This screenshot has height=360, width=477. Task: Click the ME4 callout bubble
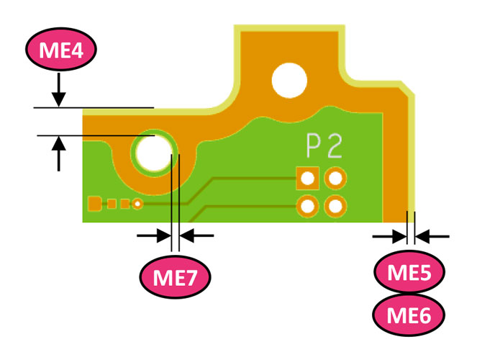pyautogui.click(x=60, y=51)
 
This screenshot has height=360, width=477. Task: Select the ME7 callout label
pyautogui.click(x=175, y=274)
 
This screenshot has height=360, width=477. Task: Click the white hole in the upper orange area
pyautogui.click(x=289, y=80)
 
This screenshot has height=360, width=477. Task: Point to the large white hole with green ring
pyautogui.click(x=151, y=153)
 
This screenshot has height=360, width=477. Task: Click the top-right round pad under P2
pyautogui.click(x=335, y=177)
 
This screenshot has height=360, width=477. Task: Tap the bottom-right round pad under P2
pyautogui.click(x=335, y=207)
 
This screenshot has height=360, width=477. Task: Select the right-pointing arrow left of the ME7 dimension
pyautogui.click(x=153, y=235)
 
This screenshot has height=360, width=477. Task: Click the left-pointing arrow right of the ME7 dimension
pyautogui.click(x=196, y=235)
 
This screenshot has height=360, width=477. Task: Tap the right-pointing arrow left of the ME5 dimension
pyautogui.click(x=389, y=235)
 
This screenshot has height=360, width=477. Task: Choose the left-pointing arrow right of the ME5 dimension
pyautogui.click(x=432, y=235)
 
